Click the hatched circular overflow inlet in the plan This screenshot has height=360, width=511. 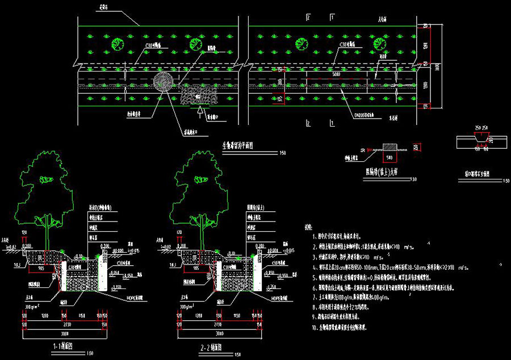pyautogui.click(x=163, y=82)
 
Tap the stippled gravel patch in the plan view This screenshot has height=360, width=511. pyautogui.click(x=199, y=94)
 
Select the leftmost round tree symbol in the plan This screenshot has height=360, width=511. pyautogui.click(x=118, y=43)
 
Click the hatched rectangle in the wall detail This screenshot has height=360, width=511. pyautogui.click(x=390, y=146)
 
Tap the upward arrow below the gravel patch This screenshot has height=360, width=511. pyautogui.click(x=198, y=111)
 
